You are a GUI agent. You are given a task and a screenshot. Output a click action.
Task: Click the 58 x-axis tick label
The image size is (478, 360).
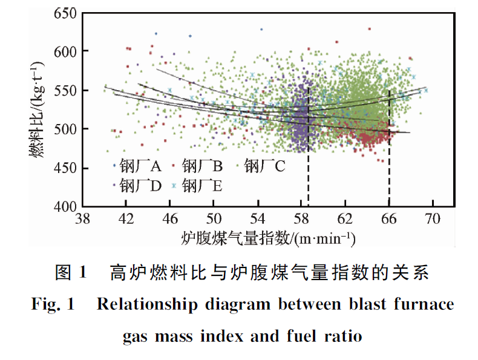[301, 218]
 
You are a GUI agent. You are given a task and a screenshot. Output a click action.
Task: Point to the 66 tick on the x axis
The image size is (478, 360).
[389, 218]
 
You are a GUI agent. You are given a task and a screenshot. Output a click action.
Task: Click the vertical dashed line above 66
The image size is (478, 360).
[389, 151]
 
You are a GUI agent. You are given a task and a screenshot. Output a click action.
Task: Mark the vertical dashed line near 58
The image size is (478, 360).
[309, 151]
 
